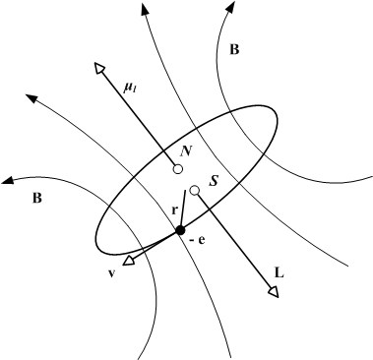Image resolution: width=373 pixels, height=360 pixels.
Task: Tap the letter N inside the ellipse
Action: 185,150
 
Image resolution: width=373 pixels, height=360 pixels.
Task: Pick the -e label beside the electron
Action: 197,239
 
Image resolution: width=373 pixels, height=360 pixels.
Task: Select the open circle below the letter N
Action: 177,169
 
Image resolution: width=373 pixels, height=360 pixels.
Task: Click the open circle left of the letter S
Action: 195,190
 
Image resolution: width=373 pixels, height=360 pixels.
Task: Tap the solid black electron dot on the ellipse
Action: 180,230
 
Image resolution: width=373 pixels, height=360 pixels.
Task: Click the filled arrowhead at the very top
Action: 144,9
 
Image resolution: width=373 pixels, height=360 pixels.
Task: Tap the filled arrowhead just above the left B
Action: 9,180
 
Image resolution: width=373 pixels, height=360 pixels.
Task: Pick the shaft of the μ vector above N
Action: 138,116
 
